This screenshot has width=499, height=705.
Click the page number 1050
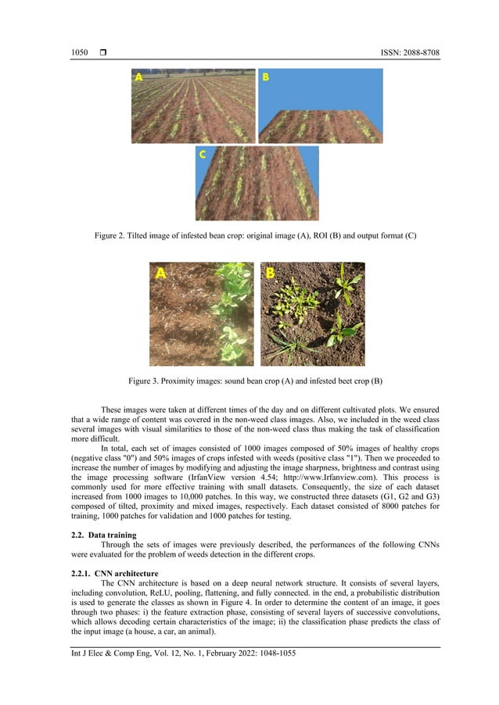coord(79,52)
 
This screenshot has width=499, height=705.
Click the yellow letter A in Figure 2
coord(139,77)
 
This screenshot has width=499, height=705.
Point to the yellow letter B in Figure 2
coord(265,77)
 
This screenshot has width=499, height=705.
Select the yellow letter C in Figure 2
coord(202,155)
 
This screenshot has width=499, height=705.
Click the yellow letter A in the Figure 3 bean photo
coord(161,274)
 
